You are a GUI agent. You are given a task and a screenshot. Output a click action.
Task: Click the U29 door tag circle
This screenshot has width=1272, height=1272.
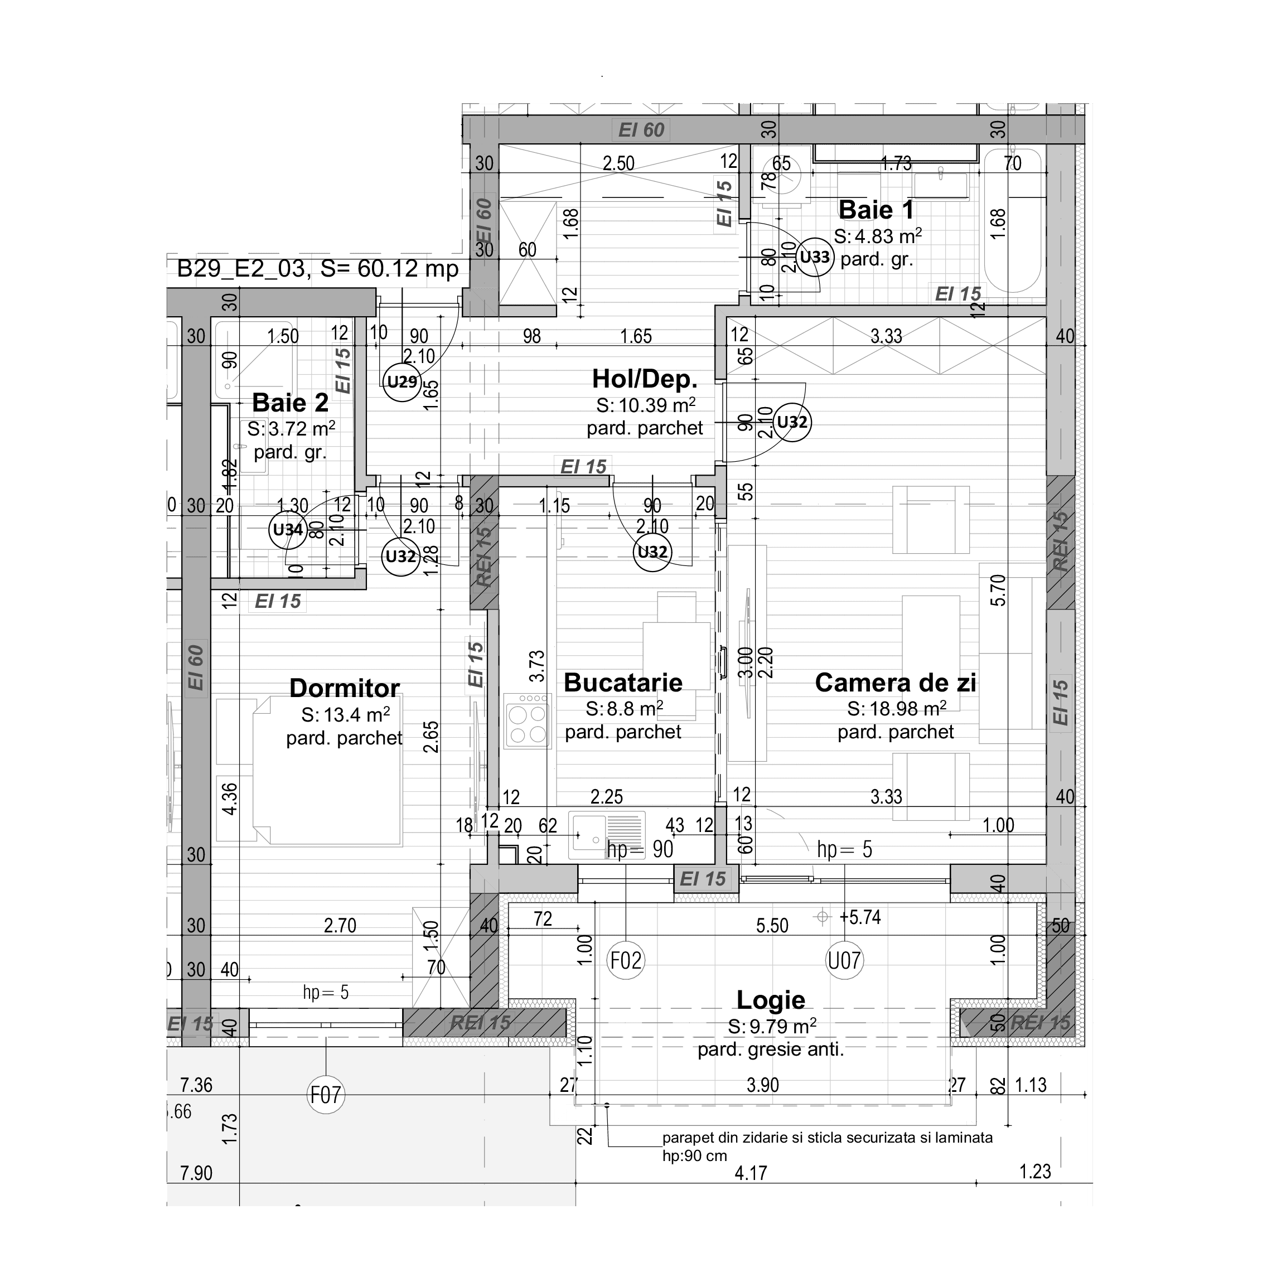tap(402, 381)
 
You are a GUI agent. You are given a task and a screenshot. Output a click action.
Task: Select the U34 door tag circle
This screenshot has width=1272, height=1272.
tap(288, 529)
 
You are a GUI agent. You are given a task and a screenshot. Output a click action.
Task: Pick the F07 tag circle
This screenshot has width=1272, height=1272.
tap(326, 1095)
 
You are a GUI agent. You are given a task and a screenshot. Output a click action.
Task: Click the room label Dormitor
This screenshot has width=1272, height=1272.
tap(344, 688)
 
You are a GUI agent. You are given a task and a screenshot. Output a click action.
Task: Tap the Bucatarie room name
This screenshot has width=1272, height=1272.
tap(623, 683)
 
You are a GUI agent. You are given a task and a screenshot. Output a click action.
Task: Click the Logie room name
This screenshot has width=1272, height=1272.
tap(770, 999)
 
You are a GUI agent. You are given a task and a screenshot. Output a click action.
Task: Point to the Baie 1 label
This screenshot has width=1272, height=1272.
tap(876, 210)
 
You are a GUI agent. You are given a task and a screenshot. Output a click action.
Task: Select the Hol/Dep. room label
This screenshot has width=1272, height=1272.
tap(644, 379)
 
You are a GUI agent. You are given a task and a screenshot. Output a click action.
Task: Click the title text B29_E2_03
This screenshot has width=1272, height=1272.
tap(241, 269)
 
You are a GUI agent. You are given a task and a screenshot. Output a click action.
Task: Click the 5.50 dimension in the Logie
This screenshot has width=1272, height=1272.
tap(772, 926)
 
